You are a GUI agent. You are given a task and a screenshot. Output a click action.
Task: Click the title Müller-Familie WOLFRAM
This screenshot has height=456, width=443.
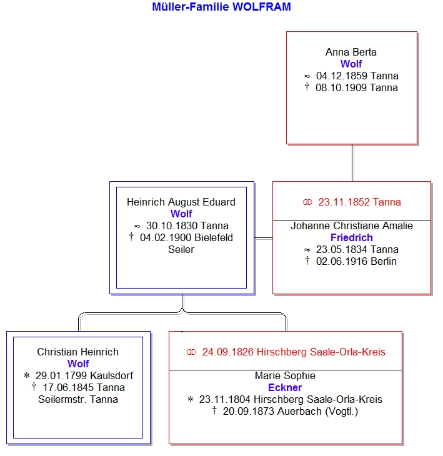tap(221, 7)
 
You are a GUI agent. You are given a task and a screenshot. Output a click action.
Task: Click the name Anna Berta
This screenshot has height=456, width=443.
tap(351, 52)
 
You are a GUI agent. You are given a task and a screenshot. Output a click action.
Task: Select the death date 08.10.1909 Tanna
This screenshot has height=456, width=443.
tap(356, 87)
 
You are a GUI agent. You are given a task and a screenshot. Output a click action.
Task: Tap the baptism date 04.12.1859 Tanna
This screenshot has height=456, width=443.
tap(357, 76)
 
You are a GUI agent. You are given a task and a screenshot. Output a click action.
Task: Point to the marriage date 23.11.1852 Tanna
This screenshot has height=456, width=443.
tap(359, 202)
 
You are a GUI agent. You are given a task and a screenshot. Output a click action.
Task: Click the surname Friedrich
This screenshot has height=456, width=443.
tap(351, 237)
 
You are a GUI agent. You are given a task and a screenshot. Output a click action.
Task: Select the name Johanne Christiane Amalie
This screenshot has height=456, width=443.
tap(351, 226)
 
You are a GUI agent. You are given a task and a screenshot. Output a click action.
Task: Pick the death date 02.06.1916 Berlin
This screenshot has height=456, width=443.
tap(356, 261)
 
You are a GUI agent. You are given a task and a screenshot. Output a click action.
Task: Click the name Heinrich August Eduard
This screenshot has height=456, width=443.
tap(181, 202)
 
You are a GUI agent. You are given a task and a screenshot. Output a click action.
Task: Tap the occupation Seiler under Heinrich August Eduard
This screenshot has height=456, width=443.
tap(181, 249)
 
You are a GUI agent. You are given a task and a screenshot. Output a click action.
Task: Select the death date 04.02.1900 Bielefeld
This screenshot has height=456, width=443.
tap(186, 237)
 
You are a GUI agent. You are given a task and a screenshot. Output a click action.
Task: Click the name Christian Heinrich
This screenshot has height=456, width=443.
tap(77, 352)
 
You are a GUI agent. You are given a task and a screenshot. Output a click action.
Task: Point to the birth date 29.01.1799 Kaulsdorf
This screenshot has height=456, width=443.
tap(84, 375)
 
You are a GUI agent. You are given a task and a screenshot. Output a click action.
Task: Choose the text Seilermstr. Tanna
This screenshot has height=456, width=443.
tap(78, 399)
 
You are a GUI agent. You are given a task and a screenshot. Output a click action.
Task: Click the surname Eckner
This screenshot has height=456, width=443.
tap(285, 387)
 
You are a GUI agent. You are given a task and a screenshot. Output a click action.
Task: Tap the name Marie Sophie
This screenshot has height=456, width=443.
tap(285, 375)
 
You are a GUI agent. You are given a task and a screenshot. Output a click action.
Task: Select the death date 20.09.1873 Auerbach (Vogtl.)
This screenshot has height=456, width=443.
tap(291, 411)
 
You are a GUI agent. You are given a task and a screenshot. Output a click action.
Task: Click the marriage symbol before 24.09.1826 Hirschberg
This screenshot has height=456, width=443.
tap(191, 352)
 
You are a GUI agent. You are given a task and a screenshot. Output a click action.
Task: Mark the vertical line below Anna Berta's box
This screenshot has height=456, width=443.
tap(352, 162)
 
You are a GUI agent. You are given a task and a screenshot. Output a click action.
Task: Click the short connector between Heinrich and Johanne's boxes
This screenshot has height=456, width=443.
tap(263, 238)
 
